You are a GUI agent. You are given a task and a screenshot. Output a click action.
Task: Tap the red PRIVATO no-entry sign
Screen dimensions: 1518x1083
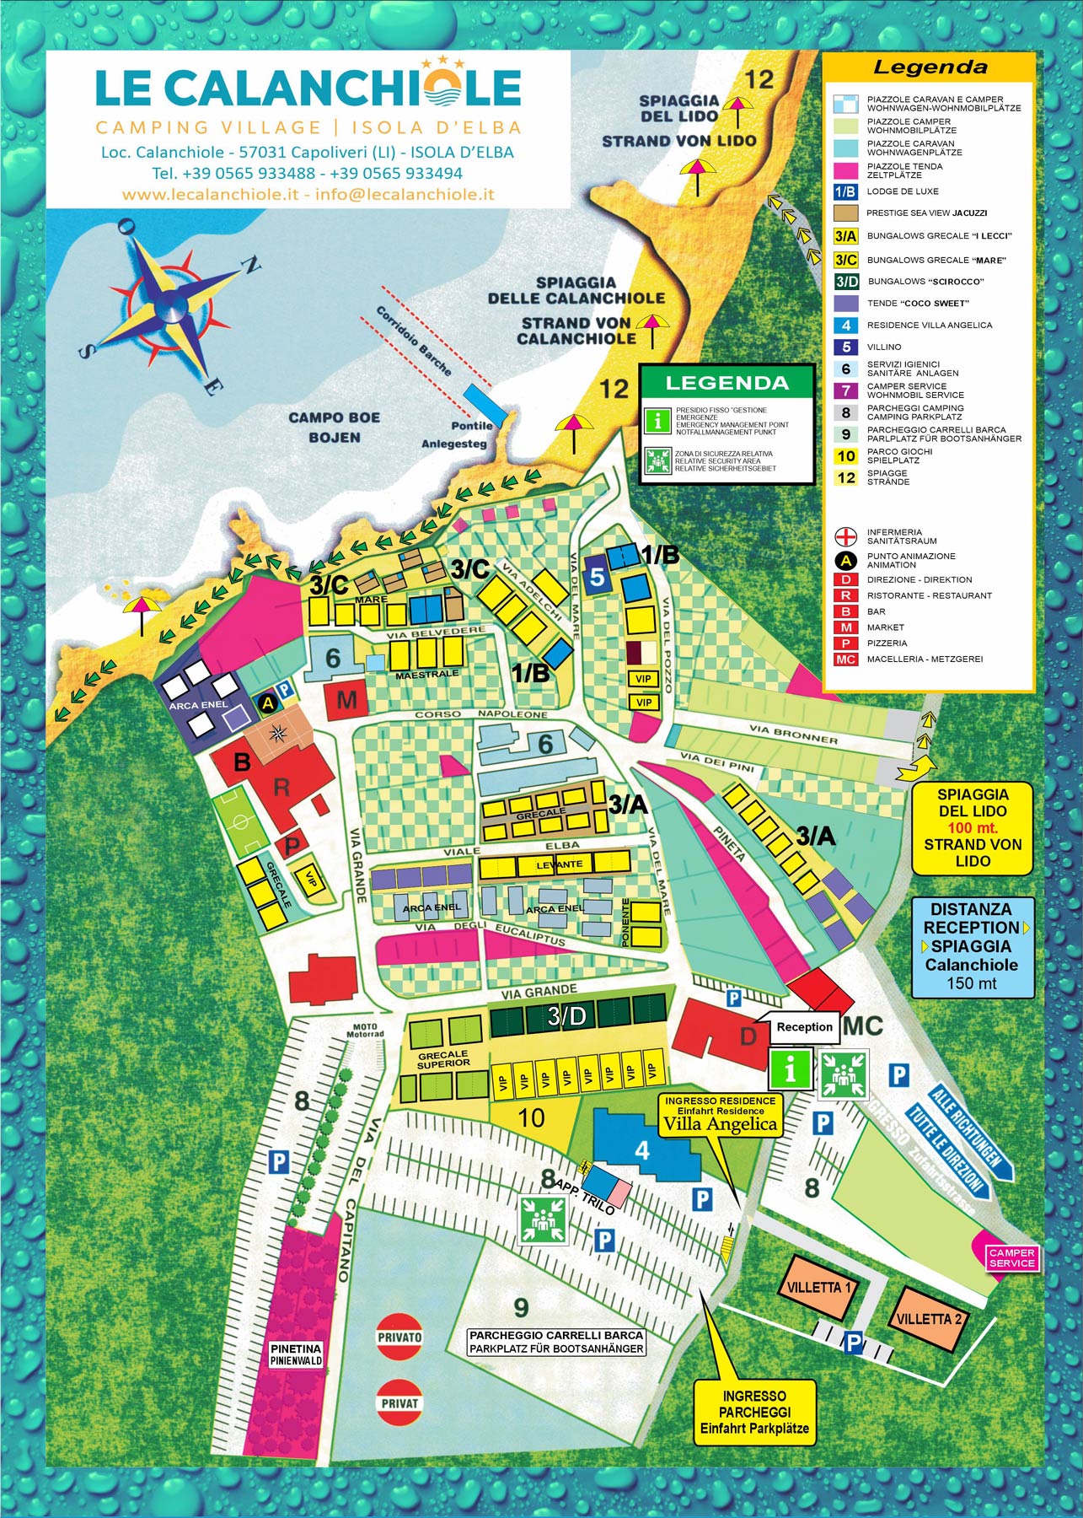pos(399,1337)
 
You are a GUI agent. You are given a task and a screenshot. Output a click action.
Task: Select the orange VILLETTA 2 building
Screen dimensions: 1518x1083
pos(930,1317)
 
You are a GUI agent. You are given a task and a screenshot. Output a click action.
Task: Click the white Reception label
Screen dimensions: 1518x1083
pos(803,1026)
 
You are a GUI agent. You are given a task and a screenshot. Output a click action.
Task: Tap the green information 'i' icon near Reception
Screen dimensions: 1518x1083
pos(790,1071)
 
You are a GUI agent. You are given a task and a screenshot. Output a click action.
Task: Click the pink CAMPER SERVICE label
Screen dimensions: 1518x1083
pos(1011,1257)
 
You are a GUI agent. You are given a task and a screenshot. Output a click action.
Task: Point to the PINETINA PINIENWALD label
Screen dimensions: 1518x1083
pos(296,1355)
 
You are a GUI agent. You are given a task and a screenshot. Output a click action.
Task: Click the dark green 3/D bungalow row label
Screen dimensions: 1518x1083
pos(566,1016)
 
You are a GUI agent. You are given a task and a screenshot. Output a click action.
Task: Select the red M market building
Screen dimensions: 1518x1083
pos(347,700)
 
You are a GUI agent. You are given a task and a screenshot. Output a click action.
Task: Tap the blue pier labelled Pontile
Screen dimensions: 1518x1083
pos(485,402)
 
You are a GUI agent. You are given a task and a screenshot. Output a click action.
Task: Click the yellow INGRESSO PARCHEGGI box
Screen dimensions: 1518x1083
pos(754,1412)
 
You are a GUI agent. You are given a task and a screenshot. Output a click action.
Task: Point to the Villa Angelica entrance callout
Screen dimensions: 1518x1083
pos(720,1113)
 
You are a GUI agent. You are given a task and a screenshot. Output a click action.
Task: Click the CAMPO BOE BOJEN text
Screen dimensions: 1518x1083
pos(334,427)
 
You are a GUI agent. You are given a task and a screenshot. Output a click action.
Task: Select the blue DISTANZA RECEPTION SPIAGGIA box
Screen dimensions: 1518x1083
pos(971,946)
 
